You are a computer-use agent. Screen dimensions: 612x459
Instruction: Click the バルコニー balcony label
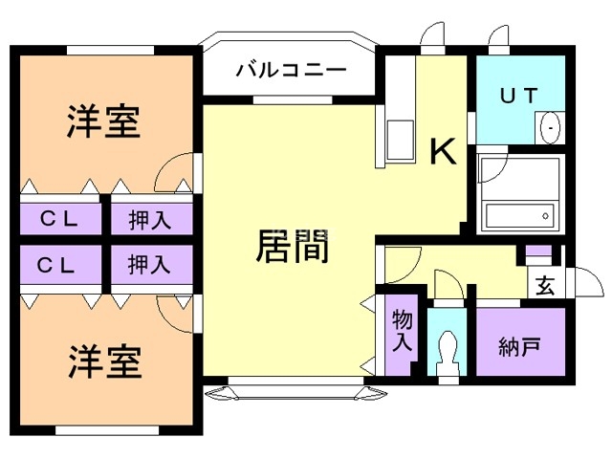pos(291,70)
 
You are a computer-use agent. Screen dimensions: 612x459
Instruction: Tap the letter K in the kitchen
pos(443,151)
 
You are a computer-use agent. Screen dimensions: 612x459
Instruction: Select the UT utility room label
pos(518,96)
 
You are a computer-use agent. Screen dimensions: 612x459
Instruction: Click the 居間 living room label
pos(293,246)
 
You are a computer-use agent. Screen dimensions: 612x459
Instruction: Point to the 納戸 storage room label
pos(519,346)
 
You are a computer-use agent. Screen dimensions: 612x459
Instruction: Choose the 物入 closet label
pos(402,330)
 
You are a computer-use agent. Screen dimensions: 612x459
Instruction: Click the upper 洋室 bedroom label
pos(103,121)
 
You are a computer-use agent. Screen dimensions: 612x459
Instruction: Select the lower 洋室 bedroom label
pos(104,361)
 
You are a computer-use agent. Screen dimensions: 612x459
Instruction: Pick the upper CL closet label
pos(58,219)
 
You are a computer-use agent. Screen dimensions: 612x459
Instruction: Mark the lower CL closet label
pos(55,266)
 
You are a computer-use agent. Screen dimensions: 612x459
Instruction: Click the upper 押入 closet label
pos(150,220)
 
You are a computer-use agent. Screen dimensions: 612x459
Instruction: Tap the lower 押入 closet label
pos(149,265)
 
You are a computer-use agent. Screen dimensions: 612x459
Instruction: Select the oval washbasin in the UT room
pos(550,127)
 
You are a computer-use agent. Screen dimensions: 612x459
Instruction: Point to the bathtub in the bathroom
pos(520,216)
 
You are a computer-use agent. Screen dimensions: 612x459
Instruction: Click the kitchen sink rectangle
pos(400,140)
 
